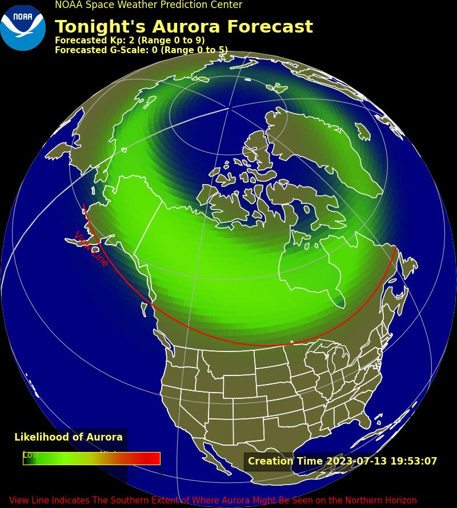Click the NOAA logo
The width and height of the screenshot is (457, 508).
coord(23,27)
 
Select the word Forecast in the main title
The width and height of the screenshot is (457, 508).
coord(271,27)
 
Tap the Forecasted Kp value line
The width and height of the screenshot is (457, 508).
coord(130,41)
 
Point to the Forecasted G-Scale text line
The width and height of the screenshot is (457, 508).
coord(141,50)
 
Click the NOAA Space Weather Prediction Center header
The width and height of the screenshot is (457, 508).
coord(149,5)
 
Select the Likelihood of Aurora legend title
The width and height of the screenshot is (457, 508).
coord(69,437)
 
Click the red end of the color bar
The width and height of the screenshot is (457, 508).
coord(153,458)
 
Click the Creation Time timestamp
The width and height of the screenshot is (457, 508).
coord(342,461)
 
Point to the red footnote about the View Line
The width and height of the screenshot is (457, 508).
coord(213,501)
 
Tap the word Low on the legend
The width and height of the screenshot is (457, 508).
coord(31,455)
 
